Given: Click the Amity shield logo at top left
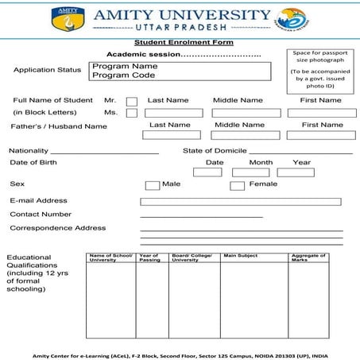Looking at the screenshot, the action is [65, 20].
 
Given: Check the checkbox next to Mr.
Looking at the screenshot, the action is [131, 101].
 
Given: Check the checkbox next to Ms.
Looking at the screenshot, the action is [131, 113].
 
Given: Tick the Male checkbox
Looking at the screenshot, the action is [152, 185].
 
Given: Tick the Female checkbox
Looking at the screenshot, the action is [237, 185].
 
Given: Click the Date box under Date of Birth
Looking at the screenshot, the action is [207, 172].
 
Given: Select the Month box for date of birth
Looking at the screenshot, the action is [250, 172].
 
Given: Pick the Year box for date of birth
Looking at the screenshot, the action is [296, 172].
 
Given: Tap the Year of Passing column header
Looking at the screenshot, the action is [150, 257].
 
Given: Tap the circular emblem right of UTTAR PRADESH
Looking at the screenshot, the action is [292, 20].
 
